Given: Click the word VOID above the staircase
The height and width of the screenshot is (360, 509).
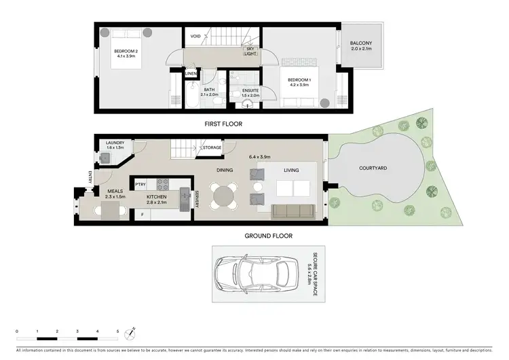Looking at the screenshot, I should point(195,36).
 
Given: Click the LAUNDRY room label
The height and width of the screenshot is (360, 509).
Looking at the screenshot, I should point(115,143).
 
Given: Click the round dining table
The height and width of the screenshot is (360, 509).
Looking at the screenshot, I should point(225,196).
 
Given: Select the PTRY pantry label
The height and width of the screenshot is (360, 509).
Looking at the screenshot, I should point(140,184).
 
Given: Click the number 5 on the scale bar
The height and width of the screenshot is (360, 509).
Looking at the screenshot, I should point(117,331).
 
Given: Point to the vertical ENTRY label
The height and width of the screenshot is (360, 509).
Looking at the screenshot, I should point(90,178).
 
